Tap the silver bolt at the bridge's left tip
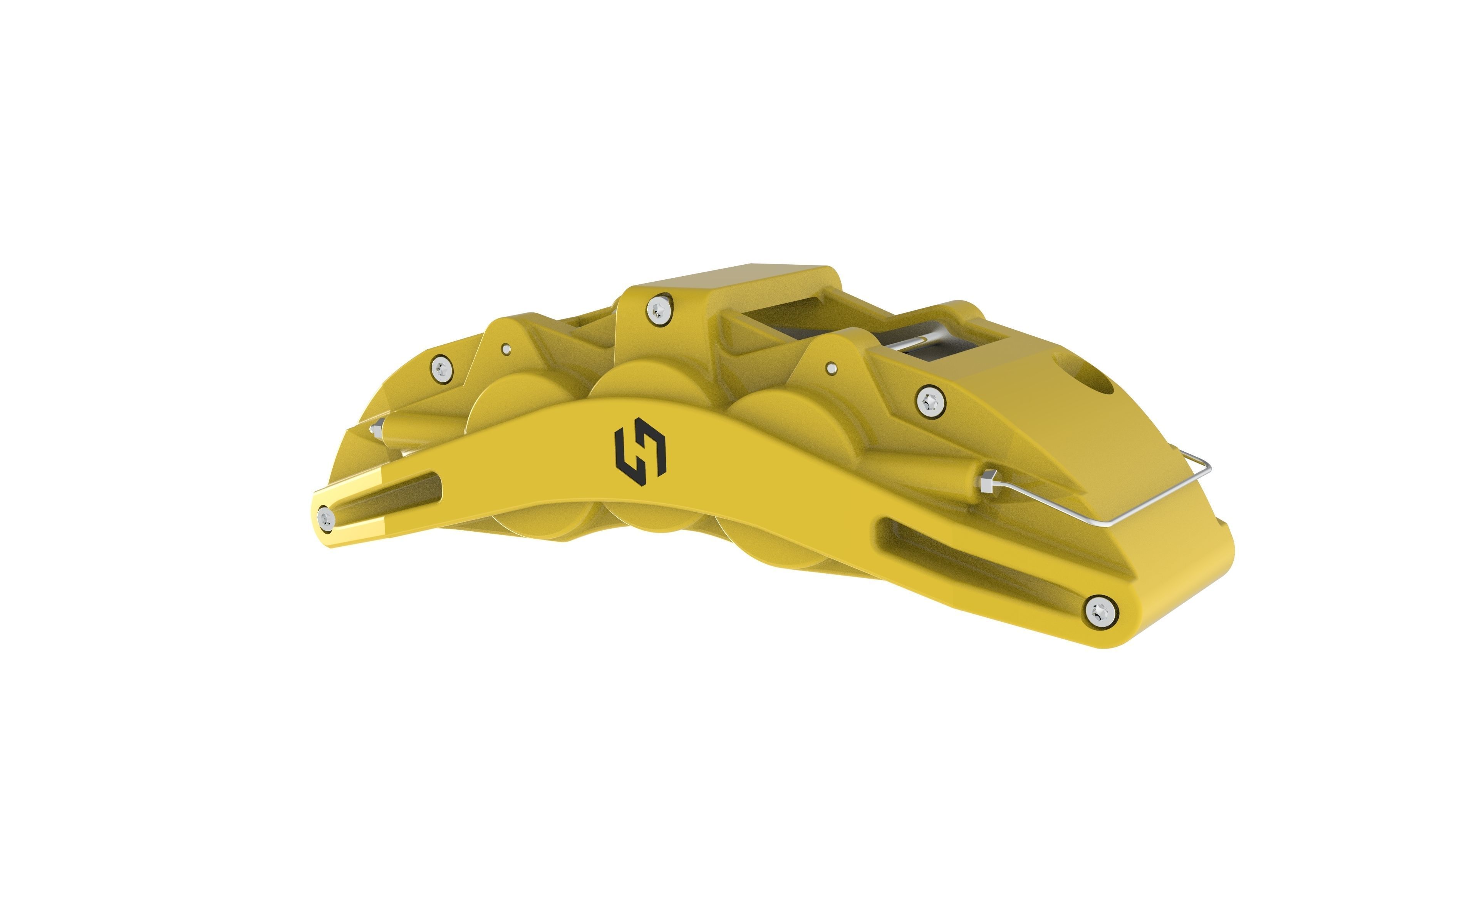click(325, 519)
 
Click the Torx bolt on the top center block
click(658, 311)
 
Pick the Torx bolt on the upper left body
click(441, 368)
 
